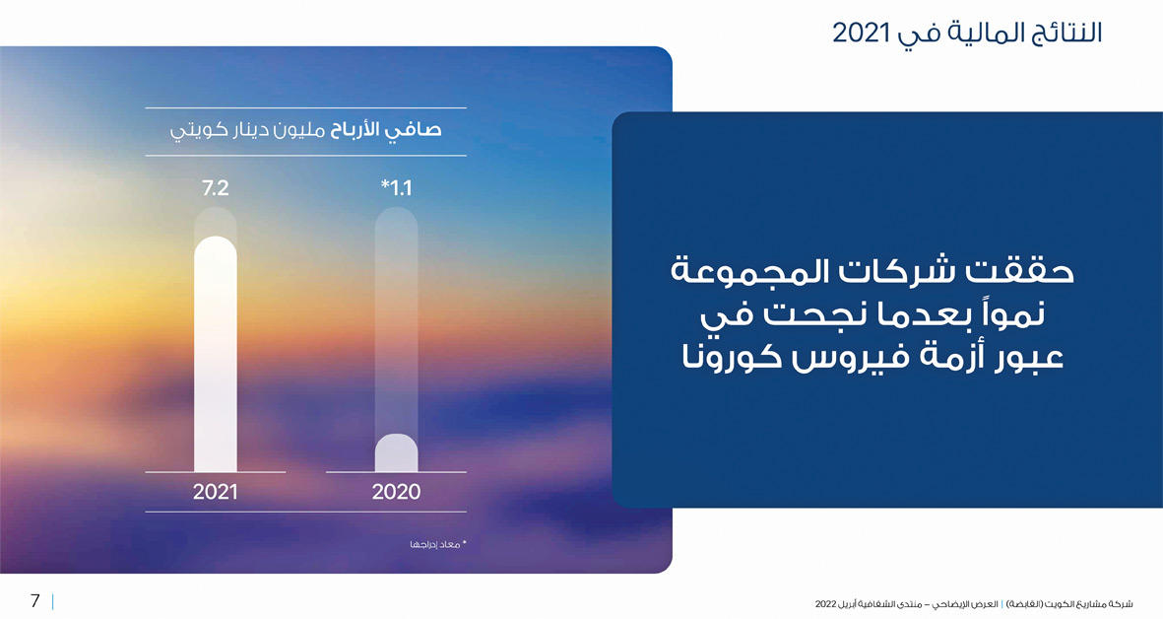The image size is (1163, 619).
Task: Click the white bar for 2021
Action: click(216, 354)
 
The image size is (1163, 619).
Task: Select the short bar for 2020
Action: click(396, 452)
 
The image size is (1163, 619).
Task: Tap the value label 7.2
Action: click(215, 188)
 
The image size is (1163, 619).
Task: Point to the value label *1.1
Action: click(396, 188)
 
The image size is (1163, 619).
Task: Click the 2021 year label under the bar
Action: click(215, 491)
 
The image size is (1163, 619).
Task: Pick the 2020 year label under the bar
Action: click(396, 491)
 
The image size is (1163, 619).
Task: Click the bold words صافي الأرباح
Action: click(386, 130)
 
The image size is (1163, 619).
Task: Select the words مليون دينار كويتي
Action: click(248, 131)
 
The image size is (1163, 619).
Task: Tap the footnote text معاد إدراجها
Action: click(435, 545)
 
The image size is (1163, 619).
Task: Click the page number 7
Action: click(34, 600)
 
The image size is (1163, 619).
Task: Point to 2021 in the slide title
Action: click(861, 33)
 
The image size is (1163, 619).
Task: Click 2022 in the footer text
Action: click(825, 604)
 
